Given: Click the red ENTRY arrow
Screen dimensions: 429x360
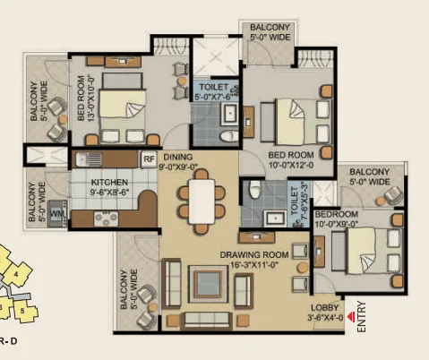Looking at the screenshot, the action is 352,317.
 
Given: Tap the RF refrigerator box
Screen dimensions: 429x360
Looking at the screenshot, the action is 149,159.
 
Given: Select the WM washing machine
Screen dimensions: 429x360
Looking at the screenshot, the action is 57,213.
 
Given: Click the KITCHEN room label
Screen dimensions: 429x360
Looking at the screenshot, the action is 109,182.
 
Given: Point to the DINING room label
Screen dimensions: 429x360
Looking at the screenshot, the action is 178,157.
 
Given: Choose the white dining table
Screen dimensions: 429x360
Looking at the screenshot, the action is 202,201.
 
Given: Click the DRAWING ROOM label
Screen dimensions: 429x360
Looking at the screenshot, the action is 254,255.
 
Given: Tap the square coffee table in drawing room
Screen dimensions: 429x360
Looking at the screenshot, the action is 209,284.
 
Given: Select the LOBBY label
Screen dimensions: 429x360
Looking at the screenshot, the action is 324,308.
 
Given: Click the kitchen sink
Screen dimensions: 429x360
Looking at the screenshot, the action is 89,159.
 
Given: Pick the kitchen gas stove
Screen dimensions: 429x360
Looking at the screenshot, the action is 106,219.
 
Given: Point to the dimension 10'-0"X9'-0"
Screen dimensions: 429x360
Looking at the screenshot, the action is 337,224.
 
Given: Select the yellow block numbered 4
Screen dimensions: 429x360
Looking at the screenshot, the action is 16,273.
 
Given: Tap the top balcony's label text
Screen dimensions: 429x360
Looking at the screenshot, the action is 270,32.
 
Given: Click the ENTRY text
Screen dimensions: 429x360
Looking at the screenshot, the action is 361,316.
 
